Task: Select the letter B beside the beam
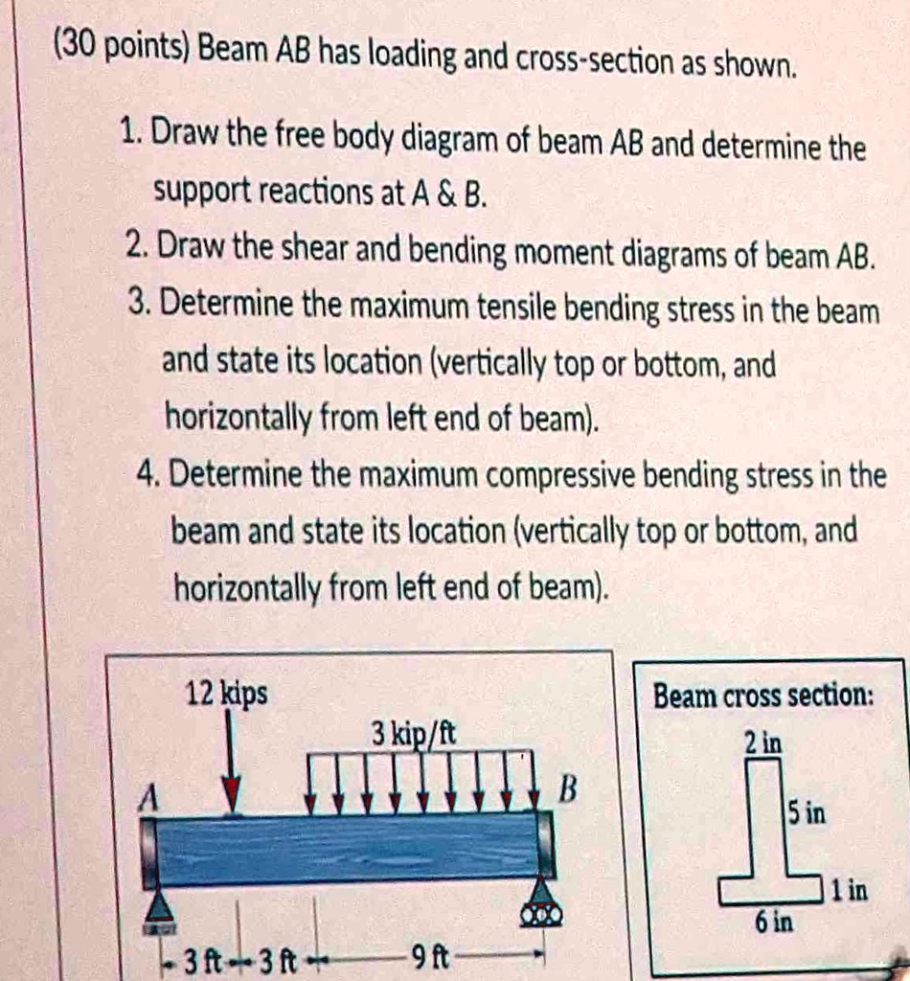click(568, 790)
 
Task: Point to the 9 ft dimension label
click(421, 955)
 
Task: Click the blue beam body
click(345, 848)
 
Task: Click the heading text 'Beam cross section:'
click(762, 696)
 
